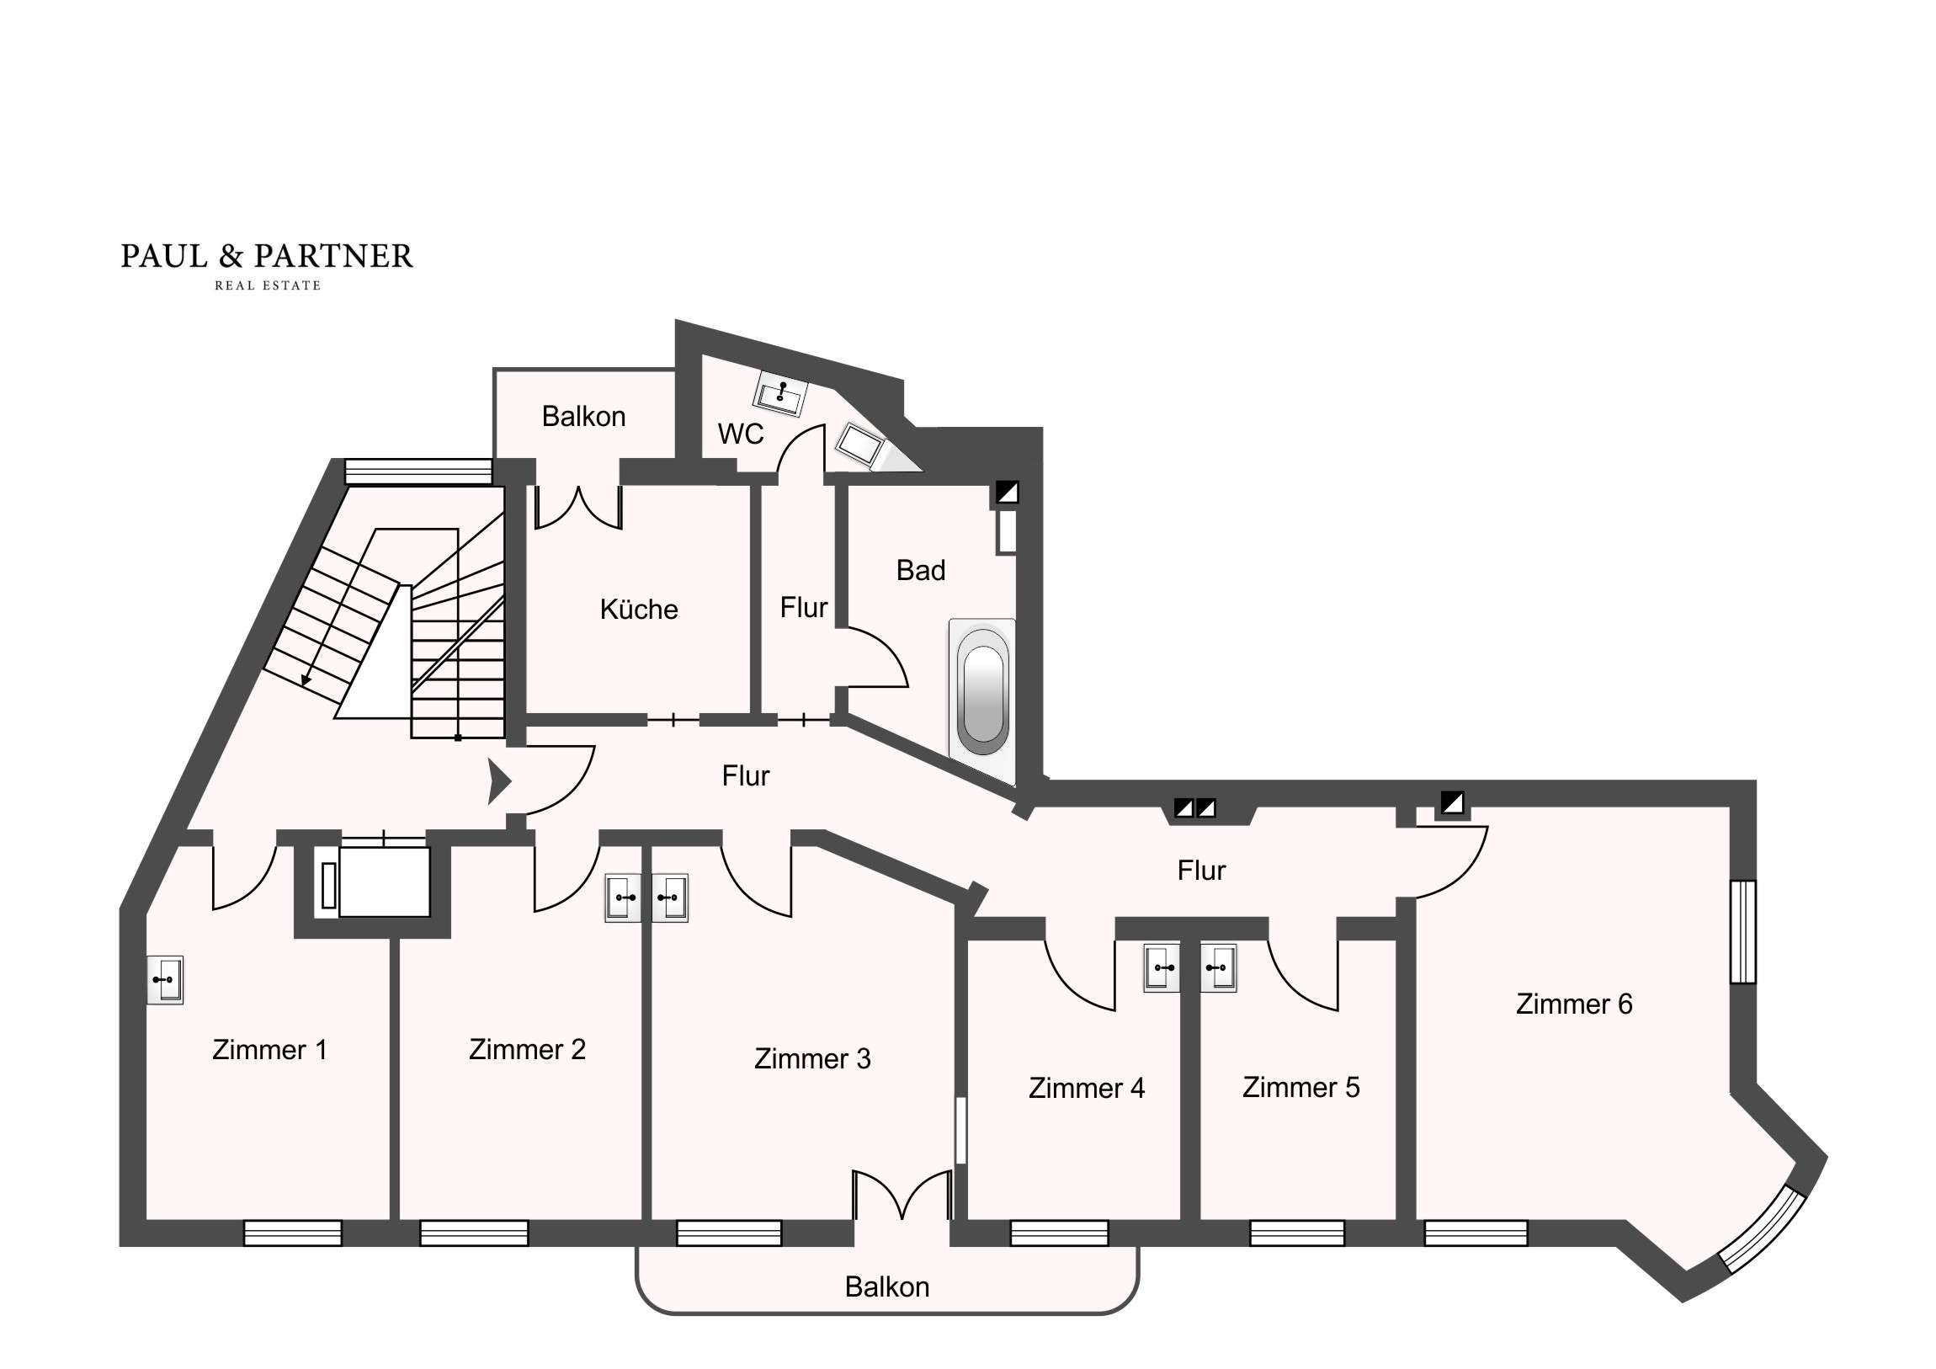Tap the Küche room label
click(x=638, y=609)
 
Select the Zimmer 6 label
click(x=1573, y=1004)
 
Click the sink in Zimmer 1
click(x=165, y=979)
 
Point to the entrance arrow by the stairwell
click(x=499, y=781)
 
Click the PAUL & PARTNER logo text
click(x=267, y=256)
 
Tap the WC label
click(x=741, y=434)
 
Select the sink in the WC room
click(x=780, y=393)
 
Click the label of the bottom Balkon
click(x=887, y=1286)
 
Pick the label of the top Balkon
click(x=583, y=416)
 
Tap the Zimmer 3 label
click(x=812, y=1058)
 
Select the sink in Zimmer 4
click(x=1162, y=967)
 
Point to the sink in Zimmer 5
click(x=1219, y=967)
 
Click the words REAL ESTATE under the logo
click(x=268, y=286)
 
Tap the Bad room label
click(x=921, y=570)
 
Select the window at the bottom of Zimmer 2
click(x=474, y=1233)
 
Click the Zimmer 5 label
click(x=1301, y=1087)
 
